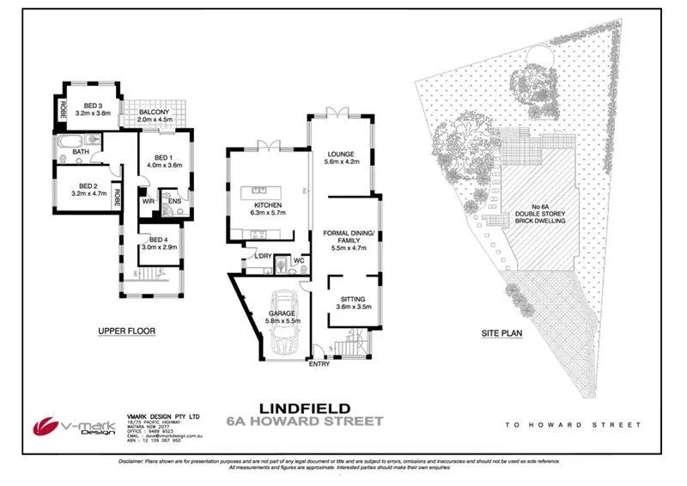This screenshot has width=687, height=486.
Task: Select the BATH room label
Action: coord(81,152)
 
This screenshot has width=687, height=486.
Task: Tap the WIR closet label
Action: coord(148,202)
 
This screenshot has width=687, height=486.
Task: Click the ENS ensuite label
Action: coord(174,203)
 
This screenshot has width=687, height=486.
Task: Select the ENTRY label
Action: coord(319,365)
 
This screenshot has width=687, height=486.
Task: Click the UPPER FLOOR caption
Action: coord(126,331)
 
